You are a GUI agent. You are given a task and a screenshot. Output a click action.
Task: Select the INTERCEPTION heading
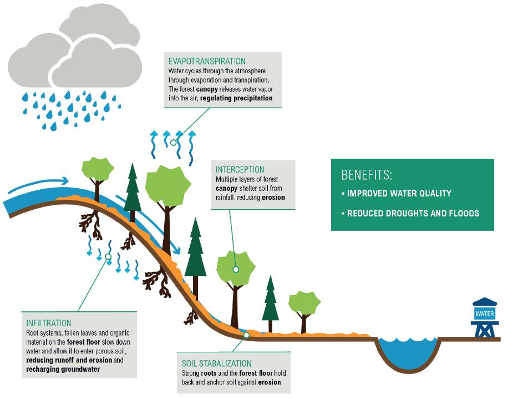[240, 169]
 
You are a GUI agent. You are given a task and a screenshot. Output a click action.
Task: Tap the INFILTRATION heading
[49, 322]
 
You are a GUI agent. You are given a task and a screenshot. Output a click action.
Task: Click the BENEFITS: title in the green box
[367, 175]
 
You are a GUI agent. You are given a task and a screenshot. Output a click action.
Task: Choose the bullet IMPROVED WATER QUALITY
[399, 194]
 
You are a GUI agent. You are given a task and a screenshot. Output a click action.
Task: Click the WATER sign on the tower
[484, 314]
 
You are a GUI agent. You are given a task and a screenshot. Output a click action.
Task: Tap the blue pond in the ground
[408, 350]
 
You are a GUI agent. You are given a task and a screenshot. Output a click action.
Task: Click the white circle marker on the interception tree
[236, 269]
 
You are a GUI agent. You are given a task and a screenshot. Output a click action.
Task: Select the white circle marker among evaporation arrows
[174, 143]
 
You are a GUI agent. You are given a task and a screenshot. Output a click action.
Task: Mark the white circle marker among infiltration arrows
[108, 256]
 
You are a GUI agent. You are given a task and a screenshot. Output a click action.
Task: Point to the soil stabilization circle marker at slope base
[246, 335]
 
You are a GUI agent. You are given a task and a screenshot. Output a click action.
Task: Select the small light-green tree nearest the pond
[304, 302]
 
